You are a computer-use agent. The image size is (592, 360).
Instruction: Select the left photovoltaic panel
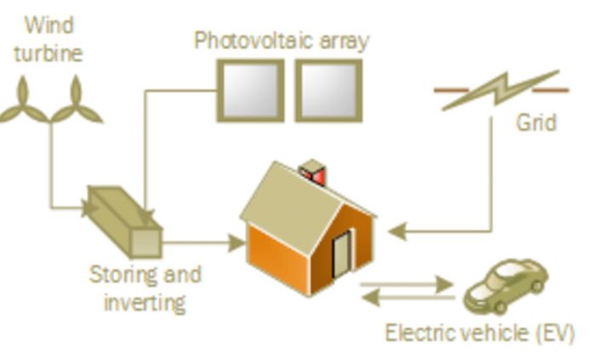point(249,90)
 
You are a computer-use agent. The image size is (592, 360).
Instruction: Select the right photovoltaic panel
point(328,90)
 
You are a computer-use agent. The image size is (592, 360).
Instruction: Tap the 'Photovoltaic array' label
point(282,41)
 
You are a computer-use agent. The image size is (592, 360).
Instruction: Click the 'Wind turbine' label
point(48,38)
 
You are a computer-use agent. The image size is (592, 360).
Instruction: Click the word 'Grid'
point(536,123)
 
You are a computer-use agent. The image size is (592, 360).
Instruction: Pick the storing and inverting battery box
point(126,220)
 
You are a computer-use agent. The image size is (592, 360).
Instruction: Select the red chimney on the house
point(314,173)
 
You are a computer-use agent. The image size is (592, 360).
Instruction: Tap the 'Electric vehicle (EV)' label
point(480,332)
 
